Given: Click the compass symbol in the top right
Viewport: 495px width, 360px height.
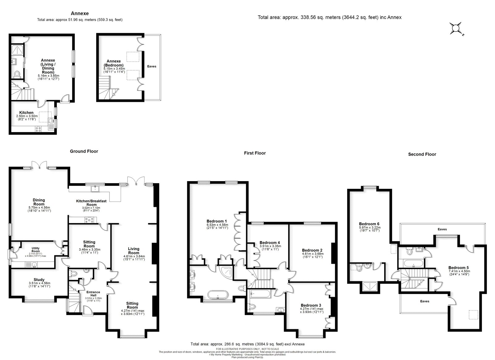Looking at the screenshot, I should pos(455,29).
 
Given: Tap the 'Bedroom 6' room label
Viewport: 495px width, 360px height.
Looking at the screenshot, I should pos(369,224).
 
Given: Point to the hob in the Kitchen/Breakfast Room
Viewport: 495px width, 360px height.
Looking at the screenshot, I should pos(90,219).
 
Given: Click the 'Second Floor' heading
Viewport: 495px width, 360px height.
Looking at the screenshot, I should pos(422,154).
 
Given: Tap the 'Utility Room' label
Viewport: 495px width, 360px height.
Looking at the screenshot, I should pos(36,249).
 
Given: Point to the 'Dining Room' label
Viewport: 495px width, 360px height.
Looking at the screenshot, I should pos(39,202).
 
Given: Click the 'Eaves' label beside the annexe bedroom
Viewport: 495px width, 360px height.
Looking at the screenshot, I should pos(152,66).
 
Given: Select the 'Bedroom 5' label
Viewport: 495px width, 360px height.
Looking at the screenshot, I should pos(458,268).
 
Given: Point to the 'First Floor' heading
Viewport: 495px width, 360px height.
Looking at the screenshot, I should pos(255,153).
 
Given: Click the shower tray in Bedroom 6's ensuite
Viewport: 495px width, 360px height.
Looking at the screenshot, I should pos(370,287).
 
